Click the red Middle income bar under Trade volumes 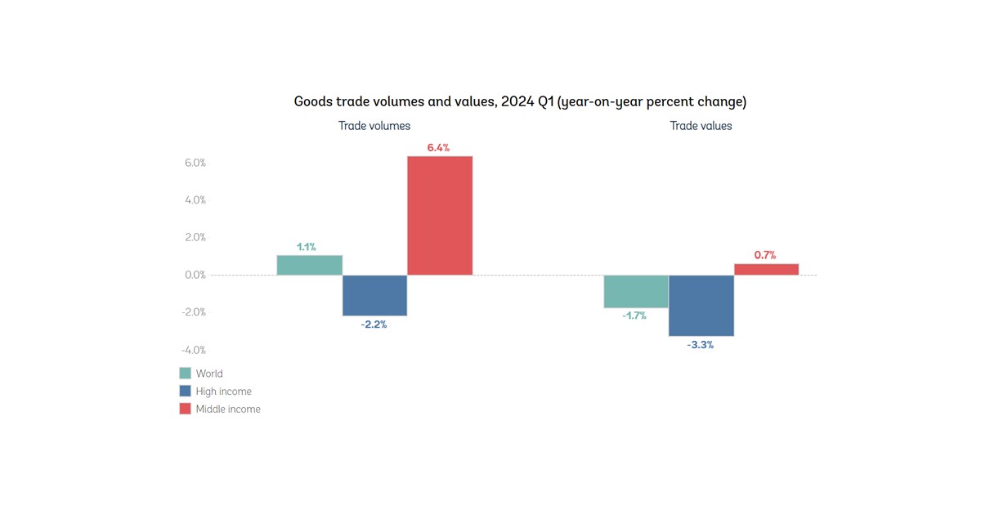coord(440,215)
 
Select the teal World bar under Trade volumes coord(309,265)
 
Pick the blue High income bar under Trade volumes coord(374,295)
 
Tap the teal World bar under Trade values coord(636,291)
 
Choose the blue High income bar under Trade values coord(701,305)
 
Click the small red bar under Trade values coord(766,269)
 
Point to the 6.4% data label coord(438,148)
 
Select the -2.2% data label coord(374,325)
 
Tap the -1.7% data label coord(634,316)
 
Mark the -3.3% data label coord(700,345)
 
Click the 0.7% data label coord(765,255)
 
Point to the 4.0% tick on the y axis coord(195,200)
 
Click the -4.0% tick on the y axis coord(194,350)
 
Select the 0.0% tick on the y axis coord(195,275)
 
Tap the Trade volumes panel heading coord(374,126)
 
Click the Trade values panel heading coord(701,126)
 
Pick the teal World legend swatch coord(185,374)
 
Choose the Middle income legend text coord(228,409)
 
